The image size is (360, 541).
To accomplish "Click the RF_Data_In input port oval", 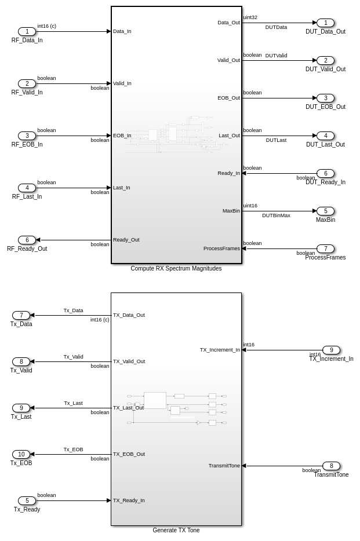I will [x=27, y=31].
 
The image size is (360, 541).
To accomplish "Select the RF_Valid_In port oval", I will [x=27, y=83].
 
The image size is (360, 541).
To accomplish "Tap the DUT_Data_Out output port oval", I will [x=325, y=23].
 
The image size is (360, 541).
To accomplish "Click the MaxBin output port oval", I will [x=325, y=211].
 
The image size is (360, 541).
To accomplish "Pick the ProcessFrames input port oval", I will [x=325, y=248].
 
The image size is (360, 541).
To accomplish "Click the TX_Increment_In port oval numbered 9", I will [x=331, y=350].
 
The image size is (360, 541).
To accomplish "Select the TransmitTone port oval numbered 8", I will [x=331, y=466].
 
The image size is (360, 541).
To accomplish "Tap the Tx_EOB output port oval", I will [x=21, y=454].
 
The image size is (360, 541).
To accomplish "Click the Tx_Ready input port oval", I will [x=27, y=500].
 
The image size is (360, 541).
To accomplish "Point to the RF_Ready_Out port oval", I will [x=27, y=240].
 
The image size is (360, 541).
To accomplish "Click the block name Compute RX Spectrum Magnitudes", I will [x=176, y=269].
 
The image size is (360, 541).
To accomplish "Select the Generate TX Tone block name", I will [x=176, y=530].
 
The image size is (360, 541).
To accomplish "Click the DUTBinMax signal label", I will [x=276, y=215].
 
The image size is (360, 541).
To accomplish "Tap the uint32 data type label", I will [x=250, y=17].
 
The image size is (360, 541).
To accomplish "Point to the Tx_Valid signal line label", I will [x=73, y=357].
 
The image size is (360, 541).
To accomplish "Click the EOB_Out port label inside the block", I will [x=228, y=98].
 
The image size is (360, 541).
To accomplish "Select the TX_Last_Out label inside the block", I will [x=128, y=408].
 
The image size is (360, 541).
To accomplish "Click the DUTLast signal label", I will [x=276, y=140].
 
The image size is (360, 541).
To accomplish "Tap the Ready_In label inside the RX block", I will [x=228, y=173].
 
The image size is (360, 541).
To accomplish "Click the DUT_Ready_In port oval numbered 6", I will [x=325, y=173].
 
